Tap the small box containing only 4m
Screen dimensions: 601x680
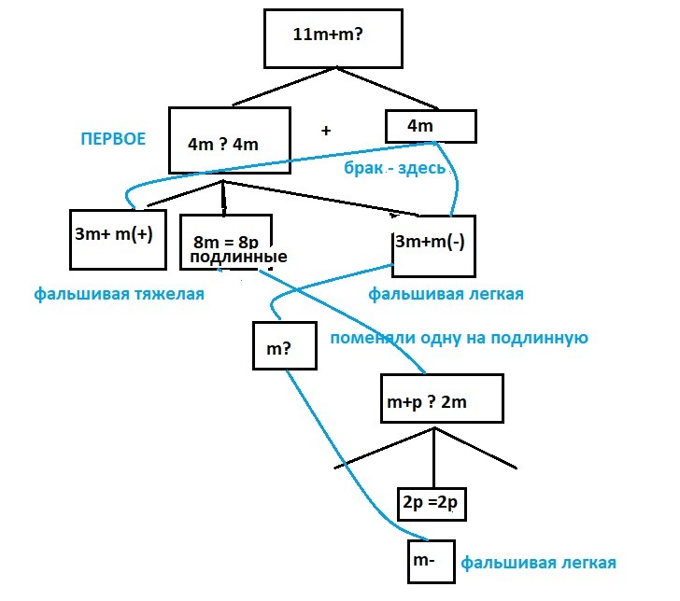(431, 125)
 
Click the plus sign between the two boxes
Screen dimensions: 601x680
(326, 132)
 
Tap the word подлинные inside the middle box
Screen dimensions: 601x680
(237, 258)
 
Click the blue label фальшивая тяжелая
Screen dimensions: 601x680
(120, 294)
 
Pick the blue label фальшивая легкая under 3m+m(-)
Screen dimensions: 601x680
(446, 294)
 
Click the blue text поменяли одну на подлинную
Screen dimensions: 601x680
(458, 338)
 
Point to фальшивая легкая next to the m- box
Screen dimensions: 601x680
(537, 564)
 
